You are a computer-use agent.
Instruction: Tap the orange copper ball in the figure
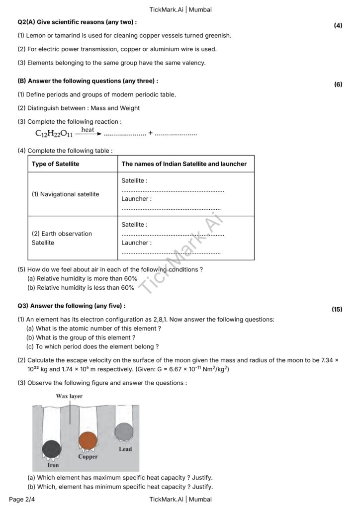88,440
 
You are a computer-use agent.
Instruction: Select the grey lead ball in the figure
124,431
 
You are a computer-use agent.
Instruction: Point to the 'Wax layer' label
70,396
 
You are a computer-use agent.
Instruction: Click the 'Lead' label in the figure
125,449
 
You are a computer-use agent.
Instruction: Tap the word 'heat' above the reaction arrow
88,129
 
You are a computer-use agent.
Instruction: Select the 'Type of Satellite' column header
55,164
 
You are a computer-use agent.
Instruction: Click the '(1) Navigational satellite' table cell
65,194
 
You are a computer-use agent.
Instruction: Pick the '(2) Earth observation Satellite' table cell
62,238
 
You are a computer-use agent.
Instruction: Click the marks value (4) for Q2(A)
338,25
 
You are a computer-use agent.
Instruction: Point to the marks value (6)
338,85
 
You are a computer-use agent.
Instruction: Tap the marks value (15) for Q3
337,309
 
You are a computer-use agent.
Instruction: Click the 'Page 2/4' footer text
23,499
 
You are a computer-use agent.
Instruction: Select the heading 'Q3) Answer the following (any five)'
71,306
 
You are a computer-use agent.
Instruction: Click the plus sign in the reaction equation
150,133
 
